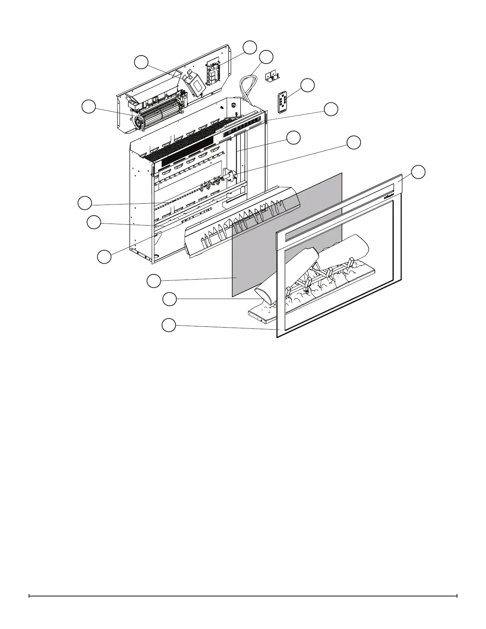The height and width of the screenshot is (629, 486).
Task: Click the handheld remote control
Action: pyautogui.click(x=282, y=102)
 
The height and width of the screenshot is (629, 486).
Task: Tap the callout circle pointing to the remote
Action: pyautogui.click(x=307, y=85)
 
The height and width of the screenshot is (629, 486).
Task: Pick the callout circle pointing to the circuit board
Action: pyautogui.click(x=250, y=47)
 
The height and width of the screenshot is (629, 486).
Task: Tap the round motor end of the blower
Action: pyautogui.click(x=139, y=122)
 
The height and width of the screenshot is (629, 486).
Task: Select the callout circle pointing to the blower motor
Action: pyautogui.click(x=89, y=107)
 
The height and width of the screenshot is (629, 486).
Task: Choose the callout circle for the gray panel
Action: pyautogui.click(x=154, y=281)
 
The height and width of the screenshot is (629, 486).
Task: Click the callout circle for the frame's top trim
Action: pyautogui.click(x=418, y=172)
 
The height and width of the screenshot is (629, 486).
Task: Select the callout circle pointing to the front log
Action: pyautogui.click(x=170, y=299)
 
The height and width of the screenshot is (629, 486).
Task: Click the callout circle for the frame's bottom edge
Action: pyautogui.click(x=169, y=325)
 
